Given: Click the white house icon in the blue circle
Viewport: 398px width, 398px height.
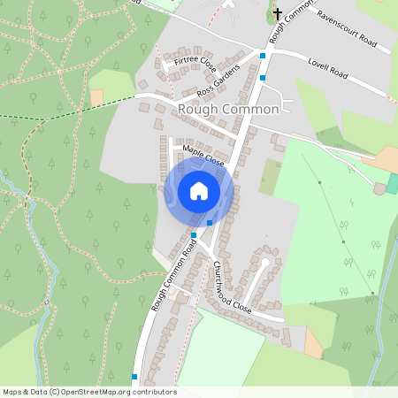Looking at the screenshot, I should click(199, 191).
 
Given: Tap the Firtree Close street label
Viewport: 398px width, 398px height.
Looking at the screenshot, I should click(195, 64).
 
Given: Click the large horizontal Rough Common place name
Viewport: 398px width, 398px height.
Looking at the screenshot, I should click(228, 109).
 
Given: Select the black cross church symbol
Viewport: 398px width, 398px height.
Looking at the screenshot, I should click(277, 13).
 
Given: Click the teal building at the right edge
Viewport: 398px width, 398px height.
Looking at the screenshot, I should click(393, 184).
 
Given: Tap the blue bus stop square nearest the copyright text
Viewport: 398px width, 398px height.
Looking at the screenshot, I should click(134, 377).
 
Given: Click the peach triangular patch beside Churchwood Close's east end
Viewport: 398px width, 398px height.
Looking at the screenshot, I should click(313, 343).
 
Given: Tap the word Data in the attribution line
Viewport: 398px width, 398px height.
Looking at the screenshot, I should click(34, 392).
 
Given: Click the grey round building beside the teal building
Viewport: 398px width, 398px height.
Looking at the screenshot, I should click(380, 188).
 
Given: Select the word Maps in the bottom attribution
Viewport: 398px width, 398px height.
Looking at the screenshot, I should click(12, 392).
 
